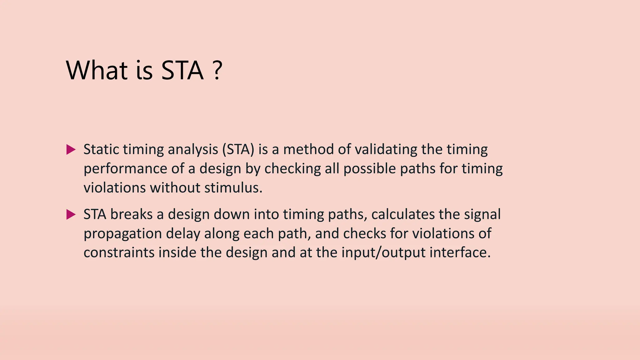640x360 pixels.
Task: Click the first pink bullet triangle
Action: (x=71, y=150)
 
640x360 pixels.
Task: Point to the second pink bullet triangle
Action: (x=71, y=215)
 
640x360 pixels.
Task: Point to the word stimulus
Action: (x=233, y=188)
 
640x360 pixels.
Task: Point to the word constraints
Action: (x=119, y=253)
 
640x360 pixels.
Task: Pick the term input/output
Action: (x=383, y=253)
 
